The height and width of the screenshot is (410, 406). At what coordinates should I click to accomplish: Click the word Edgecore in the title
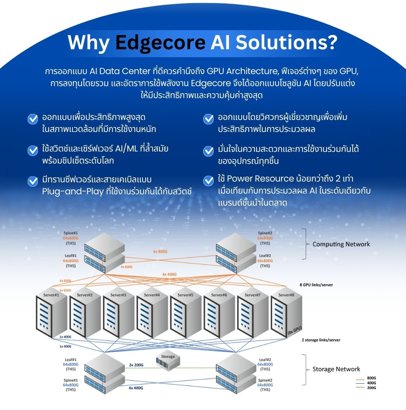[160, 42]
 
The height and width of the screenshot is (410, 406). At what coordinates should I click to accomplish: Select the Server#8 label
[286, 295]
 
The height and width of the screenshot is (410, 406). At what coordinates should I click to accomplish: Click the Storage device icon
[168, 360]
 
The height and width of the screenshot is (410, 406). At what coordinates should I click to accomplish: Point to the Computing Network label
[341, 244]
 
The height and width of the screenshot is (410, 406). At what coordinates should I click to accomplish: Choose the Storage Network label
[336, 369]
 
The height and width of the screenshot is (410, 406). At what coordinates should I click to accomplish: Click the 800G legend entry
[371, 378]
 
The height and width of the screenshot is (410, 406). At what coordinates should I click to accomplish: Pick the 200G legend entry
[371, 388]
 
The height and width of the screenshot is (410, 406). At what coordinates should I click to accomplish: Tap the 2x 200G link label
[136, 365]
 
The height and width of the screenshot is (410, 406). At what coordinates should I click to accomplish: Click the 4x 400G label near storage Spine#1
[136, 388]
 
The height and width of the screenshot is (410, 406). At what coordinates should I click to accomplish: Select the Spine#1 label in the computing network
[71, 233]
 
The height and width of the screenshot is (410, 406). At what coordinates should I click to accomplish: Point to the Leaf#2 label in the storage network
[265, 360]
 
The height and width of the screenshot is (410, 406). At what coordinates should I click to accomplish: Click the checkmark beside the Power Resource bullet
[208, 181]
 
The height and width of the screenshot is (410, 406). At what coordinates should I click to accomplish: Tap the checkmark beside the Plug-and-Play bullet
[33, 181]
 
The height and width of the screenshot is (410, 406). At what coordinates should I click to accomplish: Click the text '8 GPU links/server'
[316, 285]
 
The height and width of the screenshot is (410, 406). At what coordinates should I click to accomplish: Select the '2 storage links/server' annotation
[321, 340]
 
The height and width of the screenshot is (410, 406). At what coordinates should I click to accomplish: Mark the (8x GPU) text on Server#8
[294, 330]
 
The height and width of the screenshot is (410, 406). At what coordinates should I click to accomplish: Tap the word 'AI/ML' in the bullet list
[126, 148]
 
